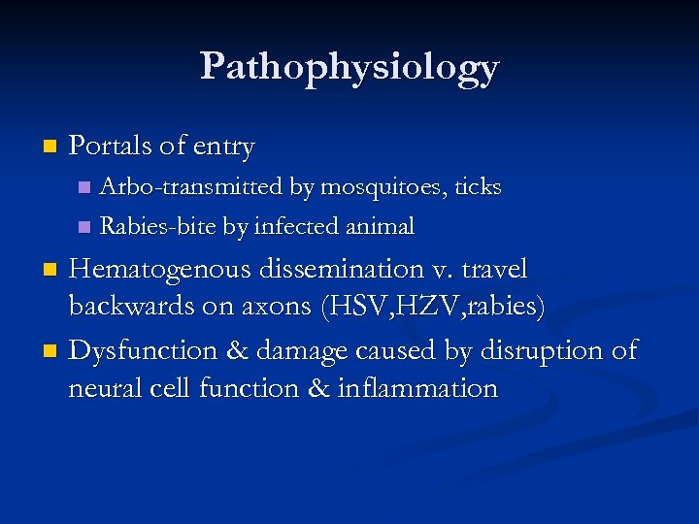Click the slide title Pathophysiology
click(x=349, y=68)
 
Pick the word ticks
click(x=478, y=186)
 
